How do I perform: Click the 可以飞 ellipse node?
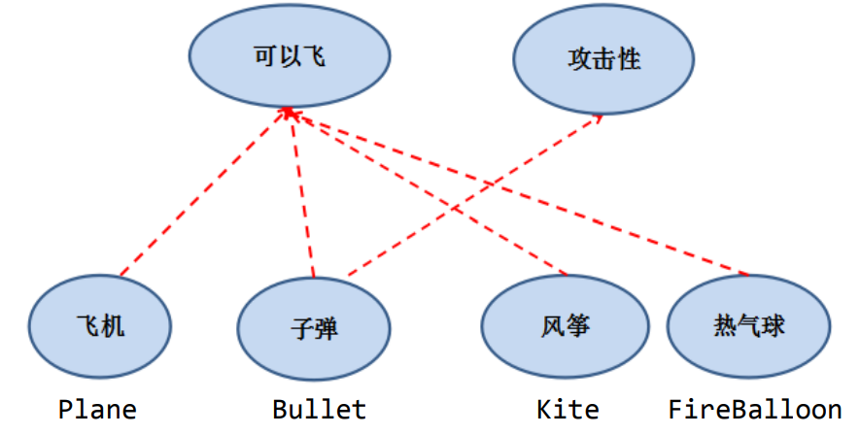click(x=289, y=57)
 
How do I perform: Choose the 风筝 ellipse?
click(x=565, y=326)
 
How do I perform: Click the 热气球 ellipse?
click(x=748, y=326)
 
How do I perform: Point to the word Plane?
click(x=97, y=409)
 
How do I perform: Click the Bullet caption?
click(x=319, y=409)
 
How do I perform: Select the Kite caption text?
click(x=568, y=409)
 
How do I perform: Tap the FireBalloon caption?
click(x=754, y=409)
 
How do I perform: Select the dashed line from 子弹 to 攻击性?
click(x=476, y=194)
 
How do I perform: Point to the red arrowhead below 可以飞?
click(x=289, y=114)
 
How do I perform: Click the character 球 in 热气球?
click(x=773, y=326)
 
